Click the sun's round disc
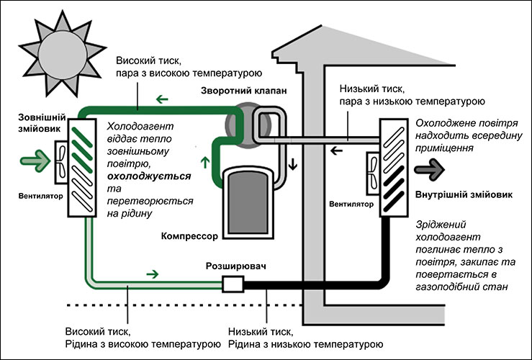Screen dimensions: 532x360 (x=63, y=55)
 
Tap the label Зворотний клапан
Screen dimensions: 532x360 (x=243, y=91)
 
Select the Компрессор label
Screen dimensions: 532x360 (x=189, y=236)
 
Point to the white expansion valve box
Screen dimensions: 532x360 (x=233, y=284)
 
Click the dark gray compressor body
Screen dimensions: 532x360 (x=248, y=202)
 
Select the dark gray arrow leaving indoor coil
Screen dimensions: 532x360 (x=429, y=169)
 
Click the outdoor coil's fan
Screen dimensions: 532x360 (x=61, y=162)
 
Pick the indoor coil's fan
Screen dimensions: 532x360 (x=372, y=173)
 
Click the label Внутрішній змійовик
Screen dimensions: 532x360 (x=464, y=195)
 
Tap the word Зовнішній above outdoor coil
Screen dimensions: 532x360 (x=42, y=118)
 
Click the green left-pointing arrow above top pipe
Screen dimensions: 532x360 (x=162, y=99)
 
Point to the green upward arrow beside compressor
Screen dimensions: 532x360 (x=205, y=162)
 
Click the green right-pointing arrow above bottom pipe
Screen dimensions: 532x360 (x=153, y=274)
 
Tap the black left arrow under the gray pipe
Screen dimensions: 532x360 (x=337, y=150)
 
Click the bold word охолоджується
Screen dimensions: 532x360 (x=149, y=176)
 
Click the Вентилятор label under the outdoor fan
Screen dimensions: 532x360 (x=41, y=196)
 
